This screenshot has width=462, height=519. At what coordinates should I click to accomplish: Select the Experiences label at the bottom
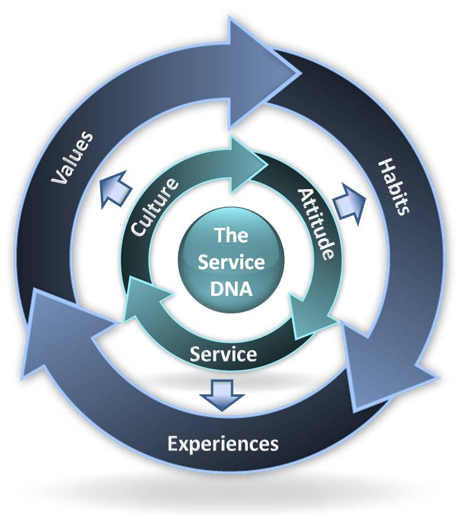click(223, 444)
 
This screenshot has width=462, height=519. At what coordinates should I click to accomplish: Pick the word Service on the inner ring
click(224, 354)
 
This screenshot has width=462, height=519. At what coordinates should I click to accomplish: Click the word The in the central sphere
click(231, 235)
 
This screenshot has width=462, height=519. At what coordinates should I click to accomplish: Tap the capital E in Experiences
click(173, 443)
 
